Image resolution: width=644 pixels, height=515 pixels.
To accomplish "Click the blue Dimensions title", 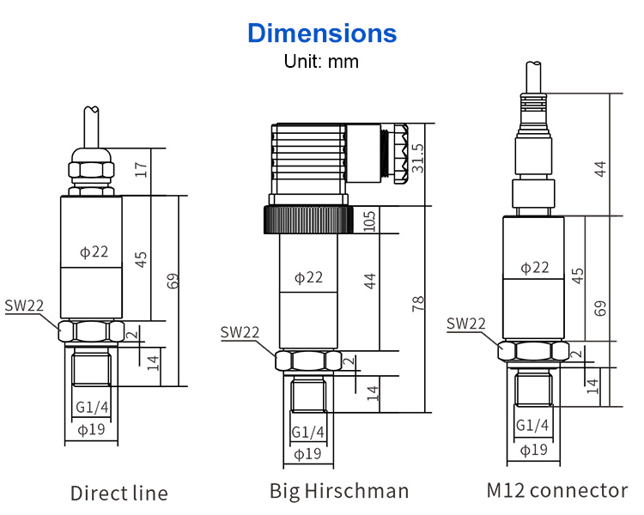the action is click(322, 33).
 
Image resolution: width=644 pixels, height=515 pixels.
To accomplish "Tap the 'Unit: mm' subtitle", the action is click(321, 62).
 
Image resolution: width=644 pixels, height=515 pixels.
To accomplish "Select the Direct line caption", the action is click(119, 493).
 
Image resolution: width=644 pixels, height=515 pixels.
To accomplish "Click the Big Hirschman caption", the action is click(339, 491).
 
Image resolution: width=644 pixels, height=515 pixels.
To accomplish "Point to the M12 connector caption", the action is click(557, 490).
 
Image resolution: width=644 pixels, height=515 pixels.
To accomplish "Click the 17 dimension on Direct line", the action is click(141, 169).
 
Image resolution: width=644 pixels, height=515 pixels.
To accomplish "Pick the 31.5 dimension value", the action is click(417, 158).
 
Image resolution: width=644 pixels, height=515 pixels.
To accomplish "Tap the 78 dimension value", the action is click(417, 304).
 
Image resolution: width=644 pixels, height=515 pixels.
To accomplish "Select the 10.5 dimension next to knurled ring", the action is click(369, 221).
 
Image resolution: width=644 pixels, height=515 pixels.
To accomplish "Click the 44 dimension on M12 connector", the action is click(600, 169).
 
